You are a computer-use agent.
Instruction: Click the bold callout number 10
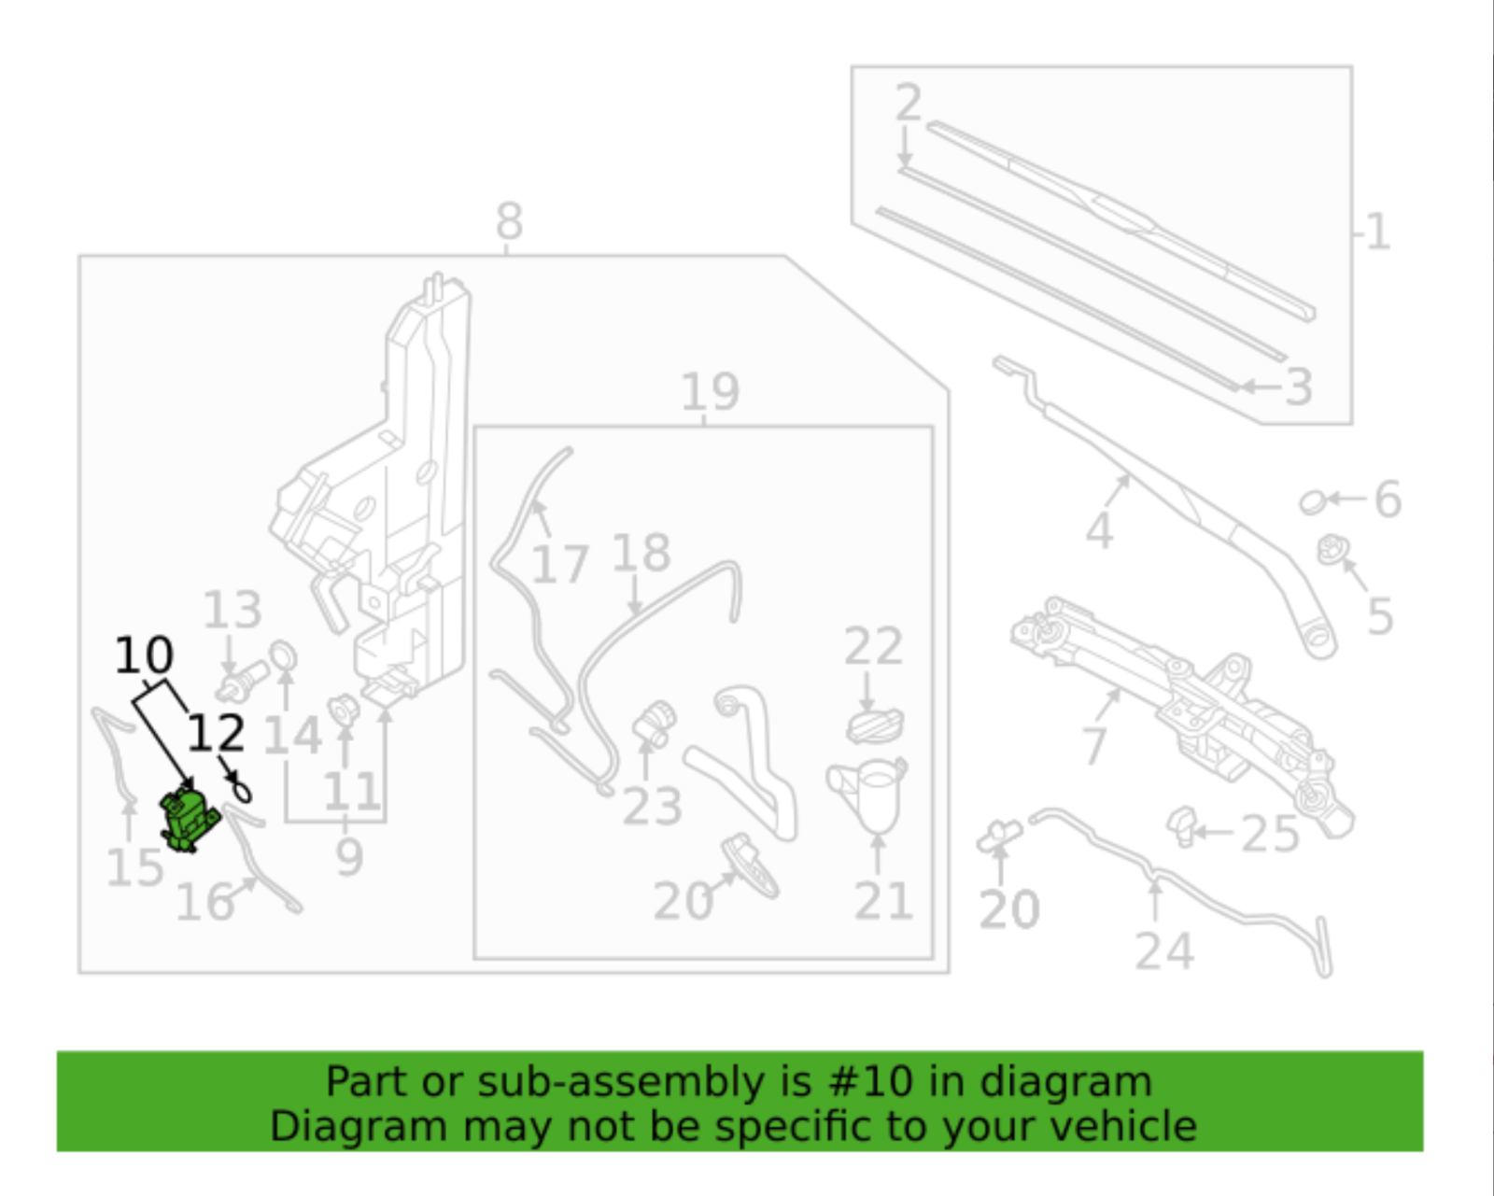tap(144, 655)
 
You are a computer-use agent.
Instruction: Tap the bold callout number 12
tap(216, 734)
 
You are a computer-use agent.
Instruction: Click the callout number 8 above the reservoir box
tap(509, 222)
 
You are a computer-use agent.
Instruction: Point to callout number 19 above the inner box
tap(710, 392)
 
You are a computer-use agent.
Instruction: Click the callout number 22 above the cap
tap(873, 646)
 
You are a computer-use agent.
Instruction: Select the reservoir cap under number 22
tap(875, 725)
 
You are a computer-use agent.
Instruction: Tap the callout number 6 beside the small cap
tap(1388, 500)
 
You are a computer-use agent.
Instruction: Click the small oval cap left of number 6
tap(1312, 502)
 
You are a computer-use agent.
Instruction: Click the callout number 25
tap(1270, 834)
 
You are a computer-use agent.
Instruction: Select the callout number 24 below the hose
tap(1164, 951)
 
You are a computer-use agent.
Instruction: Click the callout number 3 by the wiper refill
tap(1298, 387)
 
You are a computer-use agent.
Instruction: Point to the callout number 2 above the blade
tap(908, 102)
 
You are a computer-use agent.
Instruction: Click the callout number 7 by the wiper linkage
tap(1094, 744)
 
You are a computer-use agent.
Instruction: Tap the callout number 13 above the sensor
tap(233, 611)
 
